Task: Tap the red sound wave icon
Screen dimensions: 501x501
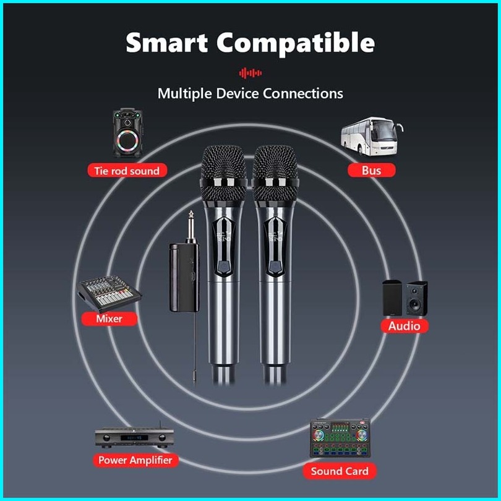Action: tap(250, 73)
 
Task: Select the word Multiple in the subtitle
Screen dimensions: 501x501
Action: tap(184, 93)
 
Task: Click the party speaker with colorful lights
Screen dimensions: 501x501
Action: tap(127, 133)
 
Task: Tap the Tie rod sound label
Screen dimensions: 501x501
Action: tap(127, 171)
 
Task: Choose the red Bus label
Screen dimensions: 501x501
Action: tap(371, 170)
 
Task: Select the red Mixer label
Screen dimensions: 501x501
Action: tap(109, 319)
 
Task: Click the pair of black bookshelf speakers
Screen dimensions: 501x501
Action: tap(405, 297)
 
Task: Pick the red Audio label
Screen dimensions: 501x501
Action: tap(404, 325)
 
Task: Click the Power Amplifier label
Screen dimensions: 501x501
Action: tap(135, 460)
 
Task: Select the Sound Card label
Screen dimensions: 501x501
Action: tap(340, 471)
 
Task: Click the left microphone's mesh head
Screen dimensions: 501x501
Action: tap(224, 165)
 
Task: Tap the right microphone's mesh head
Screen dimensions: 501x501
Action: tap(276, 165)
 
